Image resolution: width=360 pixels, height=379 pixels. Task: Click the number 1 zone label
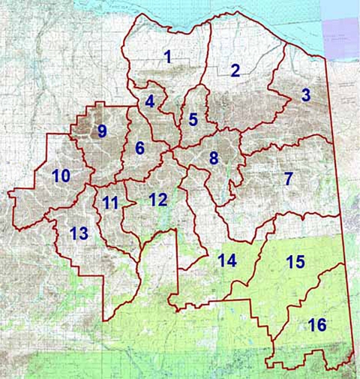[168, 56]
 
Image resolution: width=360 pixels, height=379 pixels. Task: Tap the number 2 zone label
[235, 71]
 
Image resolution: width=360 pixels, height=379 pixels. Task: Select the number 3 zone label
[305, 95]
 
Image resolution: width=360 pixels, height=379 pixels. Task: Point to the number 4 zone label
[150, 101]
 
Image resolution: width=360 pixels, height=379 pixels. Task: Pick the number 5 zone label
[193, 119]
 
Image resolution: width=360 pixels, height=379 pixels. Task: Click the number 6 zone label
[139, 149]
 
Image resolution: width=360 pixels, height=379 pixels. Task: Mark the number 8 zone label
[213, 159]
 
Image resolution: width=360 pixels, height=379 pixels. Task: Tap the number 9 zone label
[102, 131]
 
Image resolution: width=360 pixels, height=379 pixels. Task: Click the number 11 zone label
[110, 203]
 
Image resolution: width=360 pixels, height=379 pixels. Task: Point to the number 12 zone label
[157, 200]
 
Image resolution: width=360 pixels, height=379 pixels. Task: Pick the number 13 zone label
[79, 233]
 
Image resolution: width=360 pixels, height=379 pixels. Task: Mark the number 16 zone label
[317, 325]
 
